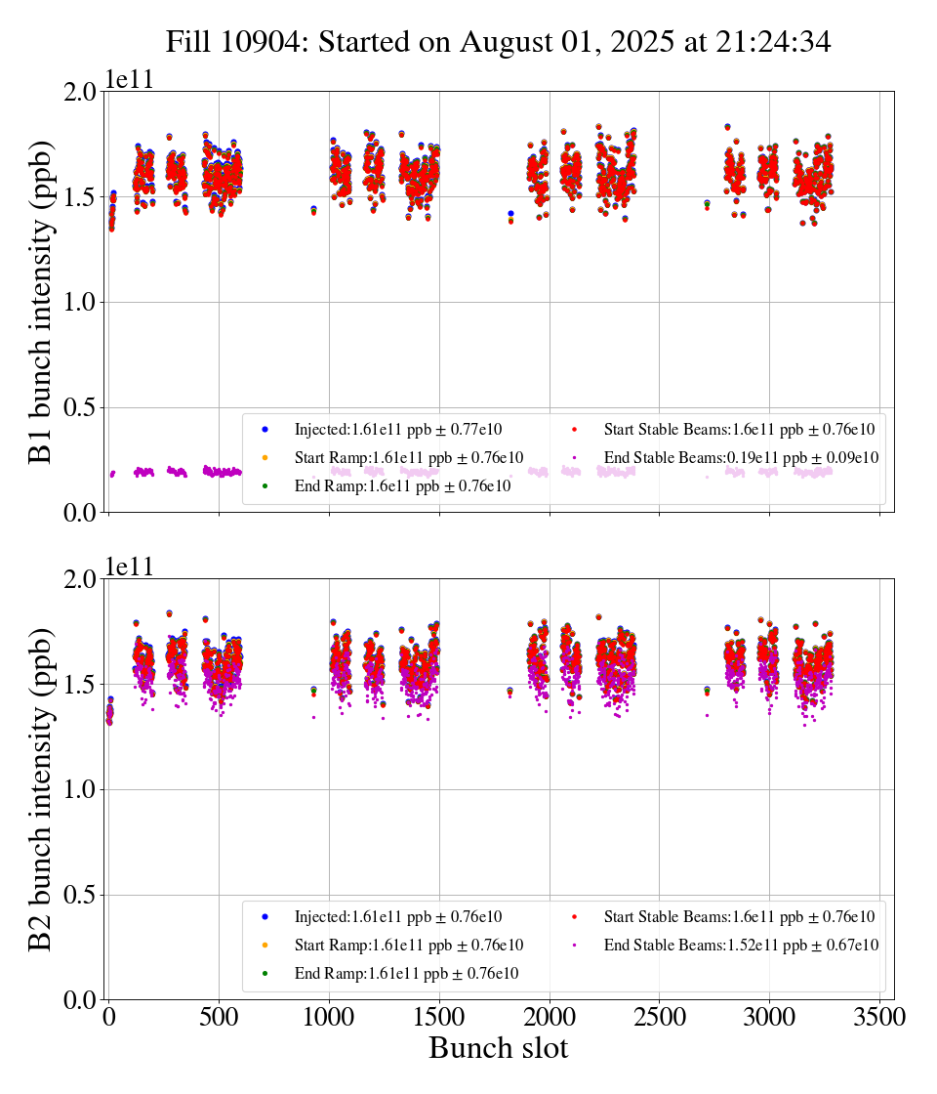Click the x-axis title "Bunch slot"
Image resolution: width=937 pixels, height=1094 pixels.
(498, 1048)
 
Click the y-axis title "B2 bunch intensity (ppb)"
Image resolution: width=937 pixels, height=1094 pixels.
(41, 789)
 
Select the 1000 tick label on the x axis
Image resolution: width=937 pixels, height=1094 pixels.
(329, 1017)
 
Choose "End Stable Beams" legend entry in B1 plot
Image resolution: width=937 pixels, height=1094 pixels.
(741, 457)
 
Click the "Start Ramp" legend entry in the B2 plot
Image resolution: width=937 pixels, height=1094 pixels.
(408, 946)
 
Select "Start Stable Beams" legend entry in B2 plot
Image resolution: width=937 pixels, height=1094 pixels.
(739, 917)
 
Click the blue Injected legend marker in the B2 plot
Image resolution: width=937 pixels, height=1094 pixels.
(265, 917)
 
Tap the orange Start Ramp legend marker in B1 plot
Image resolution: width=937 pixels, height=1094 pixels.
(265, 457)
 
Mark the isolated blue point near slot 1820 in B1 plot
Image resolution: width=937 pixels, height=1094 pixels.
(510, 213)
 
